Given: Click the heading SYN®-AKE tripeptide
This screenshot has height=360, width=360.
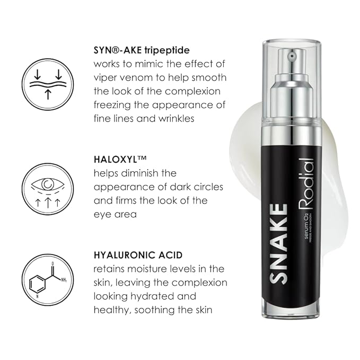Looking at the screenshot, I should [x=142, y=50].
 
